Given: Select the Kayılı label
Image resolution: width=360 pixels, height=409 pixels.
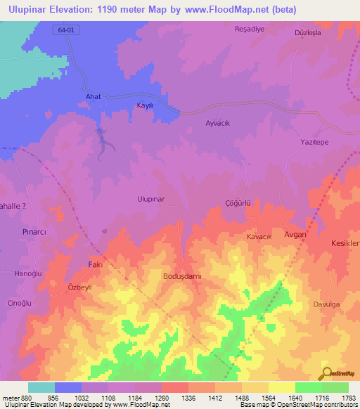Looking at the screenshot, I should pos(144,105).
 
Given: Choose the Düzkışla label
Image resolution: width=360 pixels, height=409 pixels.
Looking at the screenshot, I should pos(310,33).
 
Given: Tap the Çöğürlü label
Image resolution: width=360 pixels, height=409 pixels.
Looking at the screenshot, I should pos(237,202).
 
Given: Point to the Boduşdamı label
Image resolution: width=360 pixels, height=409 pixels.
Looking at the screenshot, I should pos(182,276).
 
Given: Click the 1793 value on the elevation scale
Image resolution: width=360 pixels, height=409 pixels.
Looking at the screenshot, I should pos(349,398).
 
